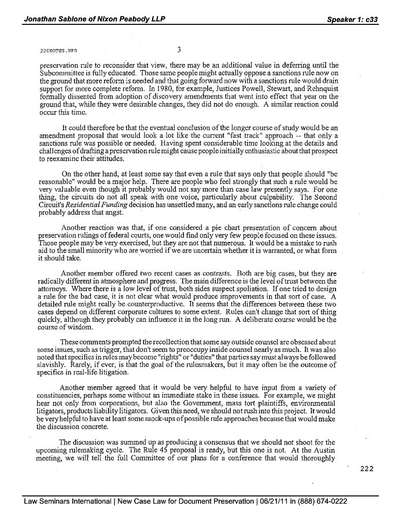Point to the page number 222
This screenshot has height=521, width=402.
[x=367, y=469]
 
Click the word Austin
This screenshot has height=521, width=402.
[x=326, y=449]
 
